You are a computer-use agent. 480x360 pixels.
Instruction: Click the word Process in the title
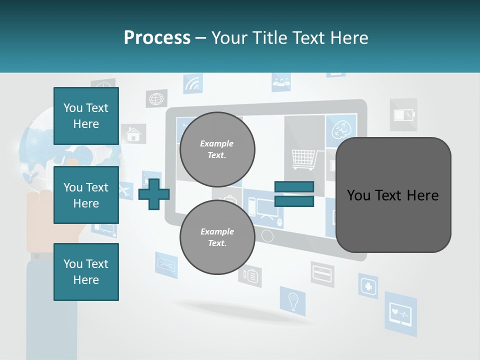[x=157, y=38]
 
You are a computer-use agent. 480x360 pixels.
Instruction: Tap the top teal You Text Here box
[x=86, y=116]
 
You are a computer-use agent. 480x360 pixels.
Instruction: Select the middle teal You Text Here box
[x=86, y=195]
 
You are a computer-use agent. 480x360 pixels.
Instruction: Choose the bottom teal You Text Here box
[x=86, y=272]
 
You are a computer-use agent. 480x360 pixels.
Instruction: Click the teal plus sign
[x=153, y=194]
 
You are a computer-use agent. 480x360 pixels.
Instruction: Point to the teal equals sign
[x=294, y=194]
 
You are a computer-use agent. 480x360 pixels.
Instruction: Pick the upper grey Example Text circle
[x=217, y=149]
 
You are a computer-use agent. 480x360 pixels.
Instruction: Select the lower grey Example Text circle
[x=217, y=237]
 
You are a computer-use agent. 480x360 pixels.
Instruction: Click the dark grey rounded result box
[x=393, y=195]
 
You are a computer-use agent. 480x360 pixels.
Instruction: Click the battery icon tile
[x=403, y=115]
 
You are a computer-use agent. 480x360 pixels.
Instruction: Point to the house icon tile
[x=133, y=134]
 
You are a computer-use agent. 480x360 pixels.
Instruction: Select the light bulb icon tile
[x=292, y=301]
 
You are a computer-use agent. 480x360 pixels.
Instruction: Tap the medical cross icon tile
[x=368, y=286]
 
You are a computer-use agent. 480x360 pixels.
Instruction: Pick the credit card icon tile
[x=322, y=273]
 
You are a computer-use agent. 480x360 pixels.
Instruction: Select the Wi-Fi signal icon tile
[x=192, y=84]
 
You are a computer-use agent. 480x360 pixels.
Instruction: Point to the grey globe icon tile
[x=156, y=98]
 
